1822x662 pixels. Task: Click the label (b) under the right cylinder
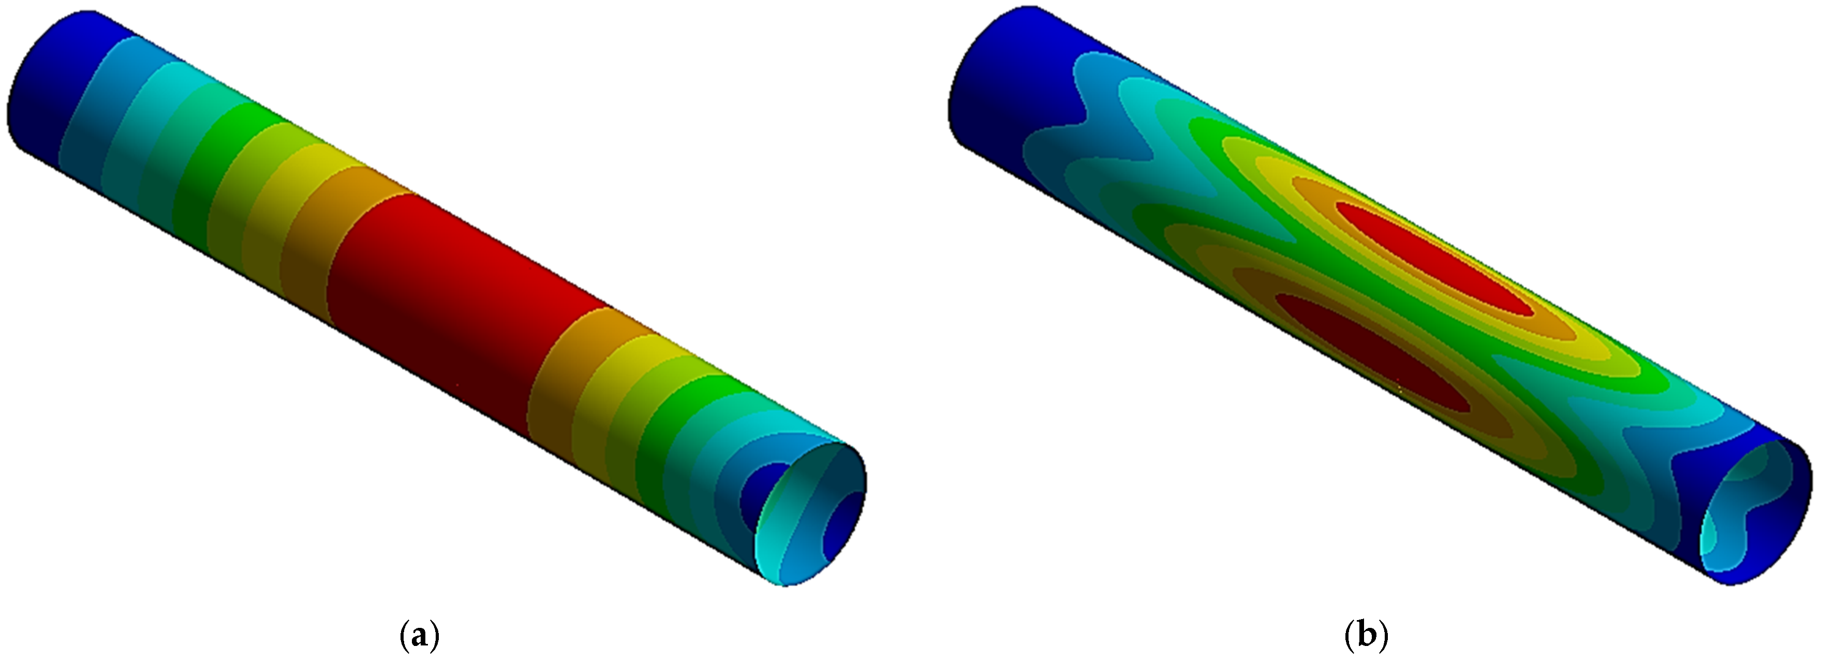[1366, 637]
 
